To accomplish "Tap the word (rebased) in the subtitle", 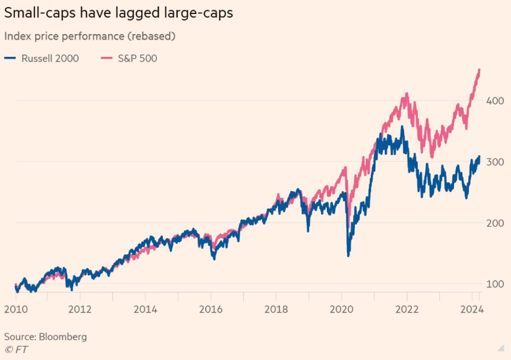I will (x=152, y=36).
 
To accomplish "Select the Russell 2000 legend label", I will (x=50, y=58).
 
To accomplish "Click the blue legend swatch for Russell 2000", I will (x=10, y=58).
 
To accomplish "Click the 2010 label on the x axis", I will (x=16, y=309).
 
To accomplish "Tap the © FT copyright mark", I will (x=16, y=349).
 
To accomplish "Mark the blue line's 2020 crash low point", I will (x=348, y=255).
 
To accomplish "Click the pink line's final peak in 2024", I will (x=479, y=70).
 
